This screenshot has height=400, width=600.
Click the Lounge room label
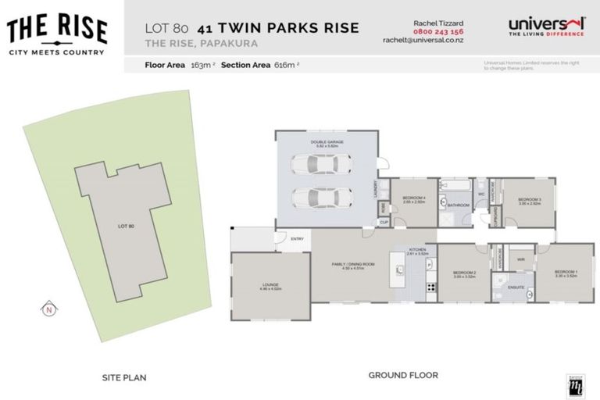270,286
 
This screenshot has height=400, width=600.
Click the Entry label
296,239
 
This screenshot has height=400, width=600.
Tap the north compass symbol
48,309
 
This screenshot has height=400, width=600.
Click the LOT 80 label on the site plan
126,226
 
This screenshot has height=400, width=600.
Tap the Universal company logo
546,28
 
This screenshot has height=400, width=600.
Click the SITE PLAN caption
124,377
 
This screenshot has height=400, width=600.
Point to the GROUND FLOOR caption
403,375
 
